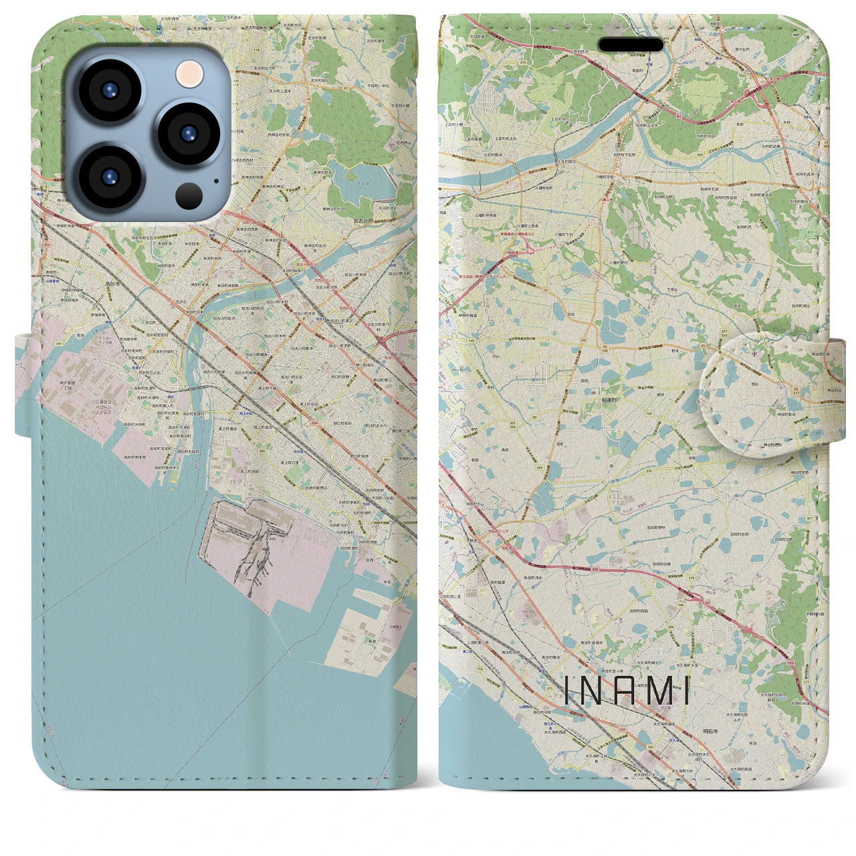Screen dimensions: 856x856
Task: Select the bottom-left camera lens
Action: (110, 176)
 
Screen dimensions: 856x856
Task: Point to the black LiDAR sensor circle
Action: (190, 196)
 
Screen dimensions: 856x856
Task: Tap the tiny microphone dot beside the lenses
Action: (216, 180)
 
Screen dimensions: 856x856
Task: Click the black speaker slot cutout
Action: (631, 45)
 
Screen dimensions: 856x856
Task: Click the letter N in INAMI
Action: (595, 691)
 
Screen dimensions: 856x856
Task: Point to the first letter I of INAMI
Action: (568, 691)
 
